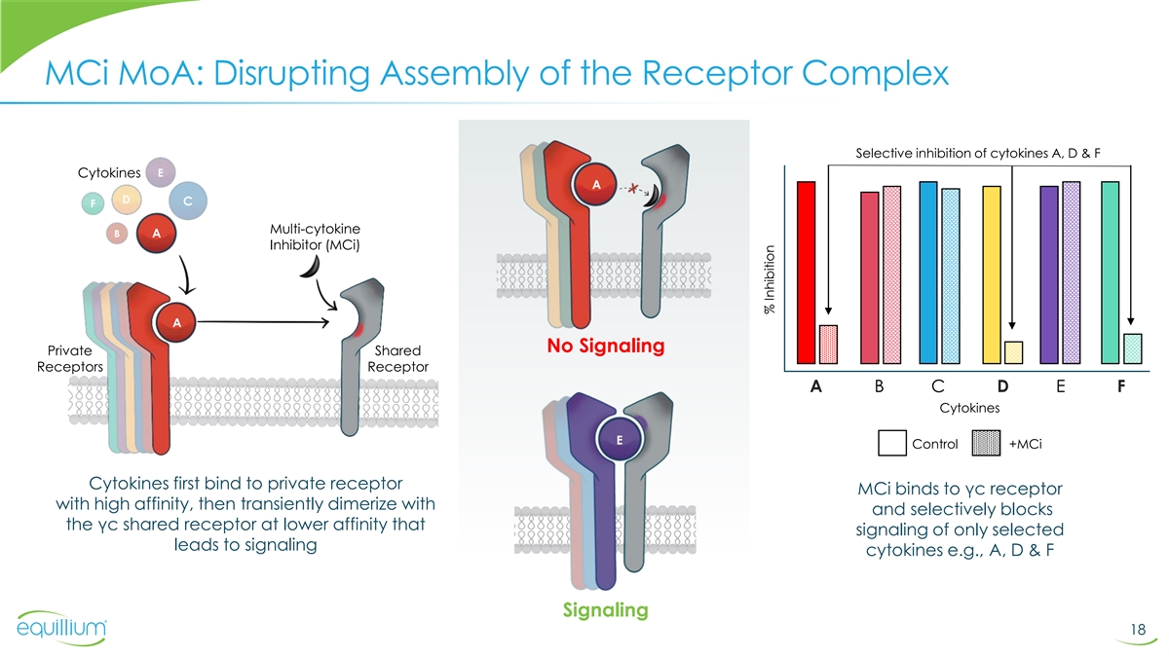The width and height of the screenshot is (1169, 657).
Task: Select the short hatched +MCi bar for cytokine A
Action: coord(828,343)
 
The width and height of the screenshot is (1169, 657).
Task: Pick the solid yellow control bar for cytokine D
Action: coord(992,274)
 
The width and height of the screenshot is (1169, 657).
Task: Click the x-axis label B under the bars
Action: coord(880,386)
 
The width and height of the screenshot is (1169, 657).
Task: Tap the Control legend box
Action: coord(892,443)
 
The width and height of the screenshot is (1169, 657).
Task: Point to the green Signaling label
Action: coord(605,610)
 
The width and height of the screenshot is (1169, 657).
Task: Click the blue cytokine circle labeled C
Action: coord(186,201)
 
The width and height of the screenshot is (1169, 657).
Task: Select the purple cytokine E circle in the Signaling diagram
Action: coord(618,440)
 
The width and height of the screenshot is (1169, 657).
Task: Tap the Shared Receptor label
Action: coord(397,358)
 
